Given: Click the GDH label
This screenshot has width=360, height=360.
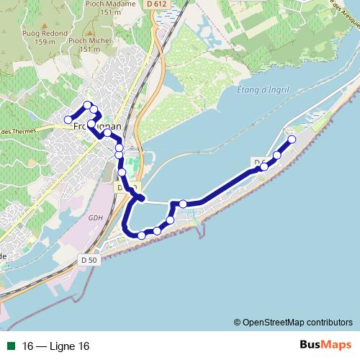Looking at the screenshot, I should coord(96,218).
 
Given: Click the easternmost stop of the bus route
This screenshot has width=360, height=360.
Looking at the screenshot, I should coord(292,140).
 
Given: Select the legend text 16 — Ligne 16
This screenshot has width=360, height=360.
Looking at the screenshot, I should coord(56,346).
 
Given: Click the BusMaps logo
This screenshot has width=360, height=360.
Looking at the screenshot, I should coord(325,345).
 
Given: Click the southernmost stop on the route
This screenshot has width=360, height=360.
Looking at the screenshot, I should coord(142,235).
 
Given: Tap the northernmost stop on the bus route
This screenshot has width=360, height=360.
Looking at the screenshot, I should coord(88,106).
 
